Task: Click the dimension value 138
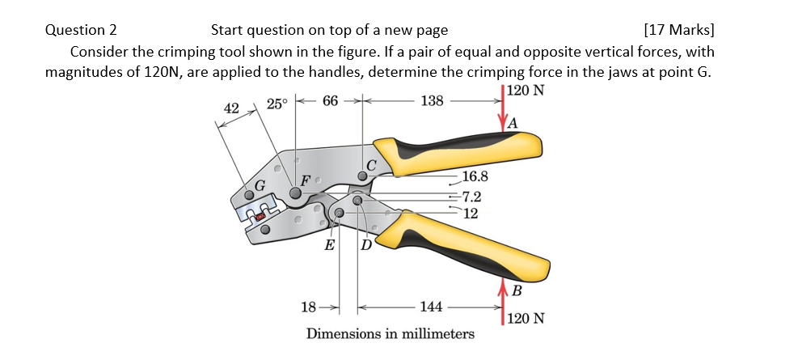click(433, 102)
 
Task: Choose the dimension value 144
click(431, 307)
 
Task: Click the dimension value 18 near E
click(308, 307)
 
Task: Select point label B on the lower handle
click(517, 290)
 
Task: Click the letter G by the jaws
click(260, 185)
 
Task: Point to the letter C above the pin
click(371, 165)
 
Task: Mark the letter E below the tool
click(330, 246)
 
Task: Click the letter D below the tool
click(365, 246)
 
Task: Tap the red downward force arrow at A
click(502, 110)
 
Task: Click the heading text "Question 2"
click(81, 31)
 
